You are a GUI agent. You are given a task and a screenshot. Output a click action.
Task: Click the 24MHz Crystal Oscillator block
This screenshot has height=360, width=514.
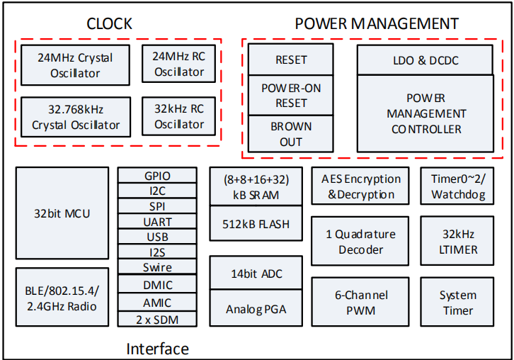pyautogui.click(x=75, y=65)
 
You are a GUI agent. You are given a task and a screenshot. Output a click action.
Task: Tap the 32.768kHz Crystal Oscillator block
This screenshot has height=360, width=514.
pyautogui.click(x=76, y=117)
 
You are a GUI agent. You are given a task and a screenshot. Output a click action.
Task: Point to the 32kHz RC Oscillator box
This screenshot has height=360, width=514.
pyautogui.click(x=179, y=117)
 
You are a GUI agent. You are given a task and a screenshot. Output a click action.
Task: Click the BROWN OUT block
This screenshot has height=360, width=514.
pyautogui.click(x=291, y=134)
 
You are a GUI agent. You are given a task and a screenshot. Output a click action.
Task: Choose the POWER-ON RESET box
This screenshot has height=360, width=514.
pyautogui.click(x=291, y=96)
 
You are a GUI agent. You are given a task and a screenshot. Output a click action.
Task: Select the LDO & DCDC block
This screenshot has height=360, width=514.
pyautogui.click(x=425, y=60)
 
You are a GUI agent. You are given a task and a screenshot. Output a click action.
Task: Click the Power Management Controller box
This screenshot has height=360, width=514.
pyautogui.click(x=425, y=113)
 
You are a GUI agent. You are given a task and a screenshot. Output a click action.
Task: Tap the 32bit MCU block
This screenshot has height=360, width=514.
pyautogui.click(x=62, y=213)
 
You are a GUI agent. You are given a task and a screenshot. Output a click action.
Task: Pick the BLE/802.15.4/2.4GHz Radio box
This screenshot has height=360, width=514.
pyautogui.click(x=62, y=298)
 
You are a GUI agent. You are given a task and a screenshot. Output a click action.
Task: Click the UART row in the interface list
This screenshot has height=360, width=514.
pyautogui.click(x=157, y=222)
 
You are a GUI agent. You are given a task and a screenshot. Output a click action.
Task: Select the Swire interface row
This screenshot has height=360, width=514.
pyautogui.click(x=157, y=267)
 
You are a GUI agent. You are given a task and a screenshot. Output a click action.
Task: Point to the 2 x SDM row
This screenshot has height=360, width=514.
pyautogui.click(x=157, y=319)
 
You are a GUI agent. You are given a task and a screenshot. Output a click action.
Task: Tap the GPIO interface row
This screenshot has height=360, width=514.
pyautogui.click(x=157, y=176)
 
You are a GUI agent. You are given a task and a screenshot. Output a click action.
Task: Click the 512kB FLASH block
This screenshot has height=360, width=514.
pyautogui.click(x=256, y=225)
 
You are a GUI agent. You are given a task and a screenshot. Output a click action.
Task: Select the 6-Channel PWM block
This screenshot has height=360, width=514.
pyautogui.click(x=360, y=303)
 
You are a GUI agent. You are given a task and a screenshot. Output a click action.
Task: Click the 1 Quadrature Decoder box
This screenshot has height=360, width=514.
pyautogui.click(x=360, y=242)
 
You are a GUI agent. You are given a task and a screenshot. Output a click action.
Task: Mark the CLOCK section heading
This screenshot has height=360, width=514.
pyautogui.click(x=109, y=23)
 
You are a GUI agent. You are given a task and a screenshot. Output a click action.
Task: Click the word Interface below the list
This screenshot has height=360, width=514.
pyautogui.click(x=157, y=348)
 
